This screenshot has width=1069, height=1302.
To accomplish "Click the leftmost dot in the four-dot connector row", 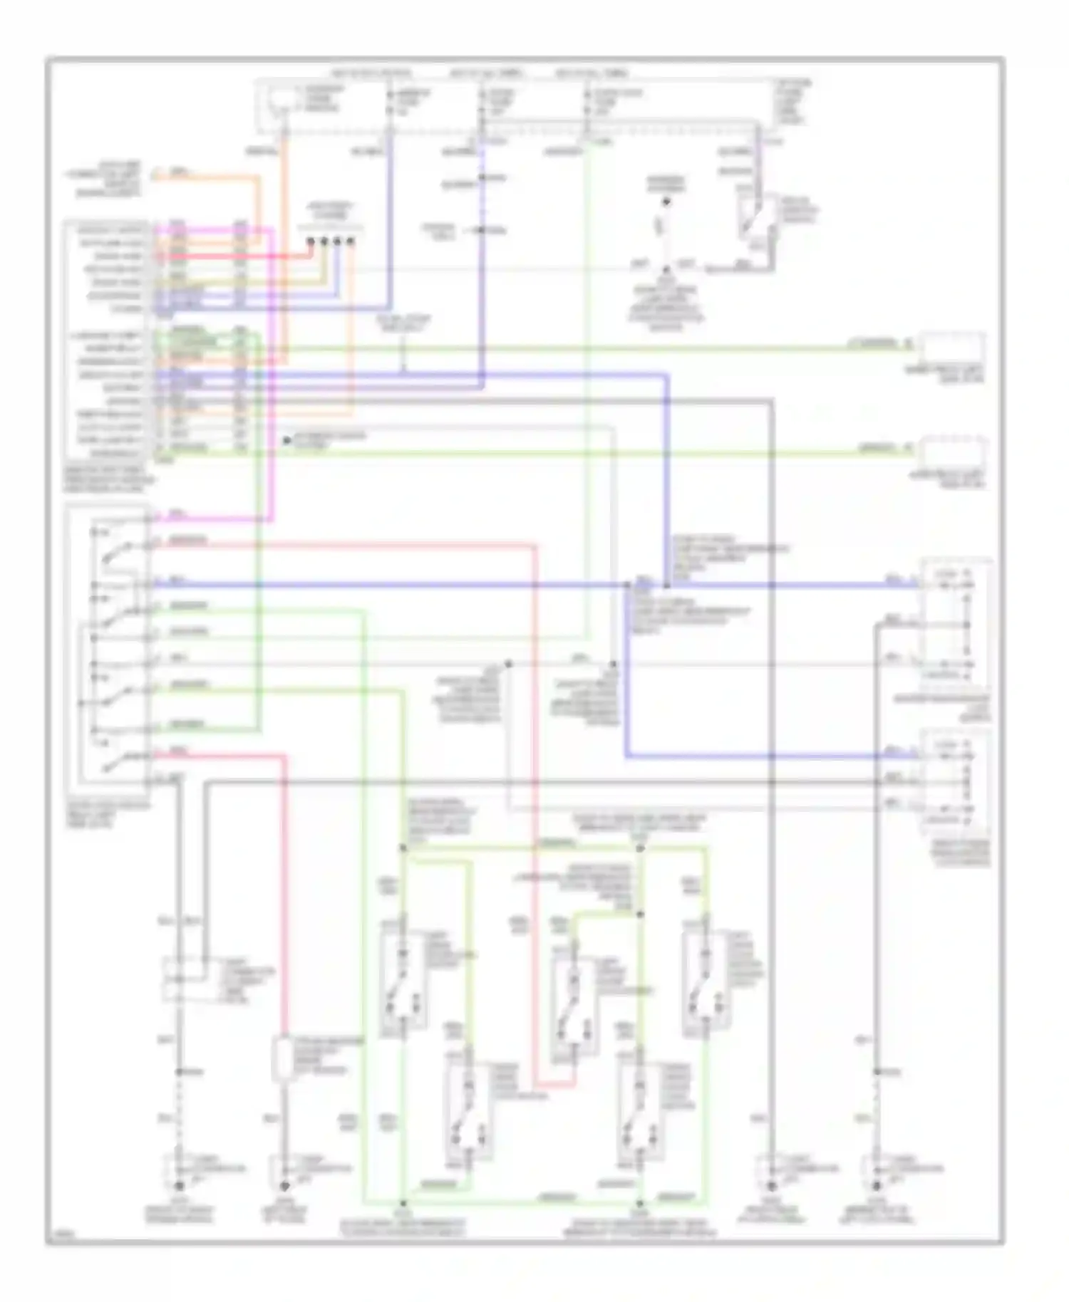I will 311,241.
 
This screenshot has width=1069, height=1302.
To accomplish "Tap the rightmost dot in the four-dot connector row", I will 350,241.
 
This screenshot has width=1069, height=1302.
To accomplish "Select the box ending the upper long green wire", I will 952,349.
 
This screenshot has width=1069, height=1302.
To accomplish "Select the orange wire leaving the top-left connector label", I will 207,177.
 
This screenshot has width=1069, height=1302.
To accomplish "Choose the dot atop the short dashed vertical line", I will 666,202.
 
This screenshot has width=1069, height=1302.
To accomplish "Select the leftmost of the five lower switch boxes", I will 403,980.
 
